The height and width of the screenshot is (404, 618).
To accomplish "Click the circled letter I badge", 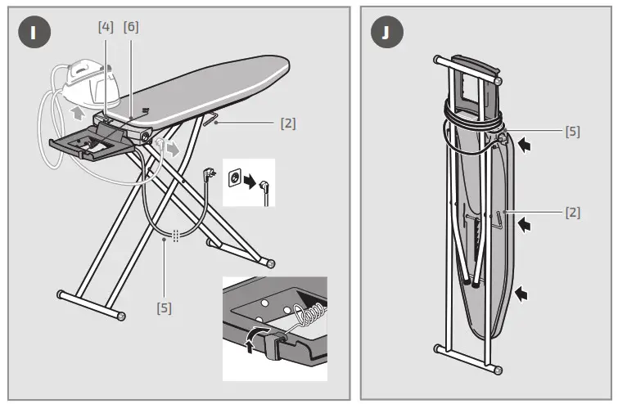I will click(34, 33).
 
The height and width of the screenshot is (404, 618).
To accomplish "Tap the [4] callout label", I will click(106, 26).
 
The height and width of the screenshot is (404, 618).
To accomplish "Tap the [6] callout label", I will click(131, 26).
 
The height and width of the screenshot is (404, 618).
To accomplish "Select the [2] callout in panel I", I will click(287, 124).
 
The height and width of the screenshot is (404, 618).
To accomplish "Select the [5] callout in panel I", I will click(165, 308).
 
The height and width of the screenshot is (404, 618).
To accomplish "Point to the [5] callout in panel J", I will click(572, 131).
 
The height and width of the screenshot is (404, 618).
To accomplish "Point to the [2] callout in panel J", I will click(572, 213).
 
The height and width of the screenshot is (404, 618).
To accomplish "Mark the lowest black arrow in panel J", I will click(521, 291).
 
